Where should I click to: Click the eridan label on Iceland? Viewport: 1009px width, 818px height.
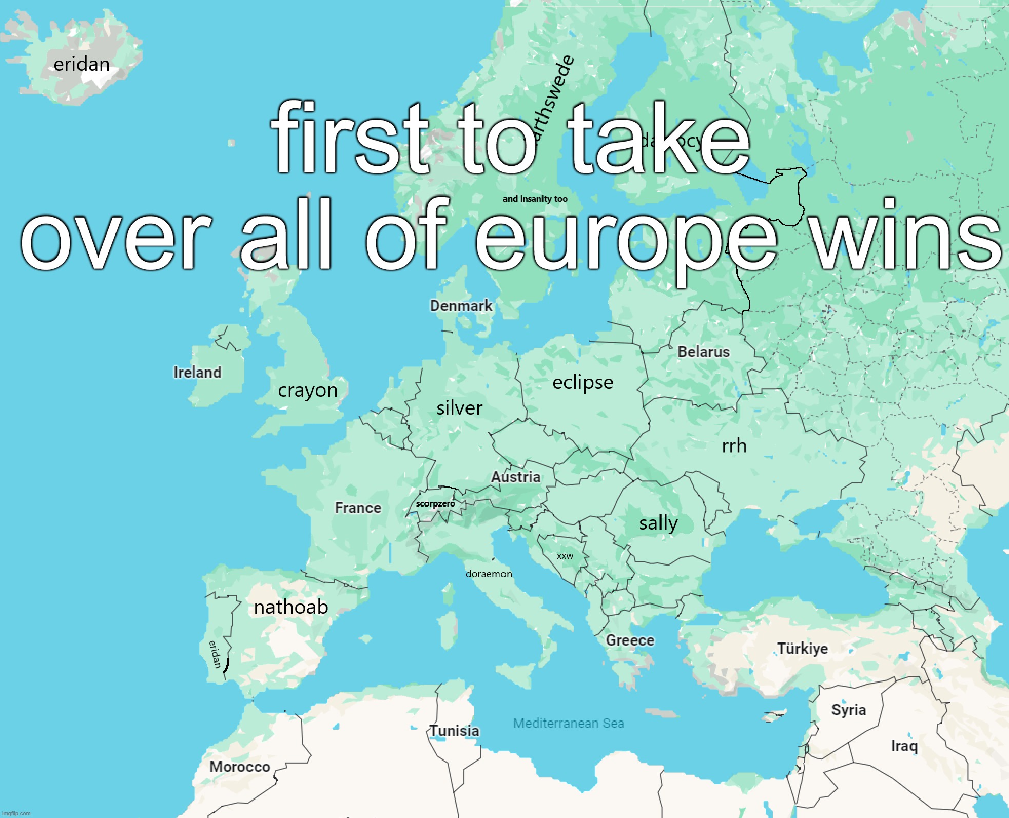click(x=82, y=65)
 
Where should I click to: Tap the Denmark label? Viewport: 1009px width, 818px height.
click(x=461, y=306)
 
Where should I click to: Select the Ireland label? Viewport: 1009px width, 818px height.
click(x=197, y=373)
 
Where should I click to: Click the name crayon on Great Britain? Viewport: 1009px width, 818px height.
click(x=307, y=391)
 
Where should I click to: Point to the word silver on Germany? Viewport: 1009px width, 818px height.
click(x=459, y=408)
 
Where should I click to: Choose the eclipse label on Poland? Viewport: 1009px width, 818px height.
click(x=583, y=383)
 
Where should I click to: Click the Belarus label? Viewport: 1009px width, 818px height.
click(x=703, y=352)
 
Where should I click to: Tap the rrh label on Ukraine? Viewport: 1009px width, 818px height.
click(x=734, y=446)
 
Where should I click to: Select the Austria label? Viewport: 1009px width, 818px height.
click(x=515, y=478)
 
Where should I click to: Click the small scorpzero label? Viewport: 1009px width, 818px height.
click(x=435, y=504)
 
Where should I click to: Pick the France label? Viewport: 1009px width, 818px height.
click(x=358, y=508)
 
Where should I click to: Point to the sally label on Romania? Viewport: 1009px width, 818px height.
click(x=658, y=523)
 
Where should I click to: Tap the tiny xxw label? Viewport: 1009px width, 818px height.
click(x=565, y=556)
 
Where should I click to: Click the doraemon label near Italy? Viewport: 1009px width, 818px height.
click(x=489, y=574)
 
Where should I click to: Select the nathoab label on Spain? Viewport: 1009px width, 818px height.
click(x=291, y=608)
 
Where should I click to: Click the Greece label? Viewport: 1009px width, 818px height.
click(x=630, y=640)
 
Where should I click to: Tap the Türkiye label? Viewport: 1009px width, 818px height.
click(x=802, y=649)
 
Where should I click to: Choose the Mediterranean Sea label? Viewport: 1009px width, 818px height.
click(x=569, y=724)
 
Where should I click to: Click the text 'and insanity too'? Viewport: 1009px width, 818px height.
click(x=535, y=199)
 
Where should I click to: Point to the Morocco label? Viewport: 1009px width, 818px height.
click(x=240, y=767)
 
